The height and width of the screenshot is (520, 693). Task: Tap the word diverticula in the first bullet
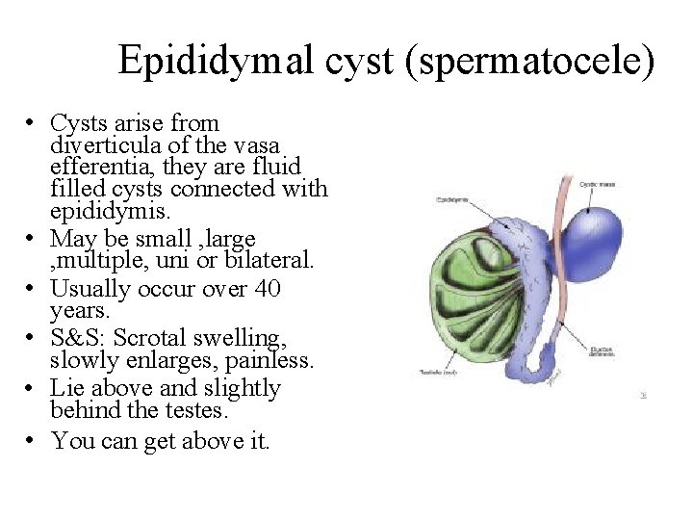(100, 145)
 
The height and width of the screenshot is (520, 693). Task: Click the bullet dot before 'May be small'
(32, 238)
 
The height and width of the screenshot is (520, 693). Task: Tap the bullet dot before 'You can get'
(32, 441)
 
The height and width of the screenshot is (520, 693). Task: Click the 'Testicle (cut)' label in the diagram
(437, 373)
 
